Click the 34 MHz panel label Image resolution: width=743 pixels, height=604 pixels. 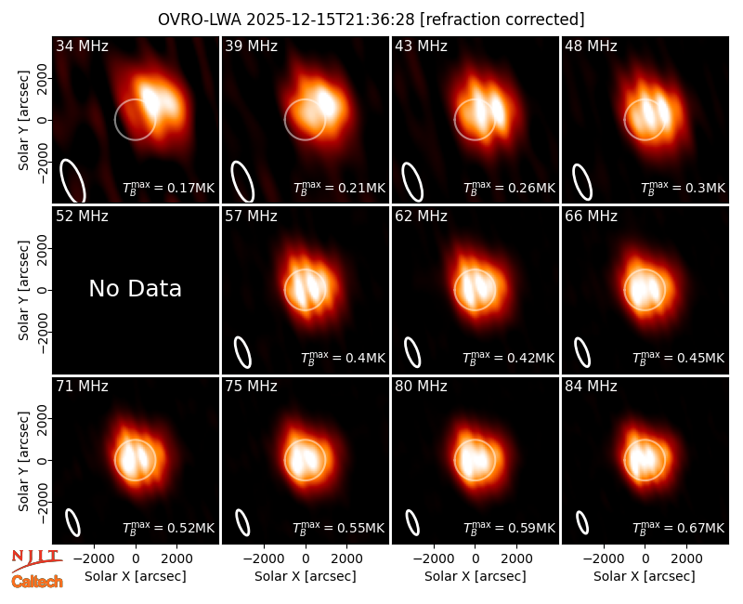pos(82,46)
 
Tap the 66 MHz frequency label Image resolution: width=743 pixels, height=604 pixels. pos(591,217)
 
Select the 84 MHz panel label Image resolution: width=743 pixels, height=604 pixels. pos(591,387)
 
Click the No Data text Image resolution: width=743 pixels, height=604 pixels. pos(135,289)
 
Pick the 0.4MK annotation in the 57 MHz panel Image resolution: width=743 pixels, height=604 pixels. pos(365,358)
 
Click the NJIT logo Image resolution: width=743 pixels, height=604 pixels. pos(36,559)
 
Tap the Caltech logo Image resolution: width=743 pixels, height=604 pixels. pos(37,582)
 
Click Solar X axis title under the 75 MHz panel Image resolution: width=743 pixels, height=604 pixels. pos(306,576)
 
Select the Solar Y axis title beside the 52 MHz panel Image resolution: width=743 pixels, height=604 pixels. pos(23,290)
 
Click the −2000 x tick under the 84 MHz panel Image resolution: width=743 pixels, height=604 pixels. pos(603,559)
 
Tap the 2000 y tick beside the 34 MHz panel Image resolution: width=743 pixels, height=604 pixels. pos(42,79)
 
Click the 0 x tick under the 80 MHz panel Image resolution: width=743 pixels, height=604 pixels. pos(476,559)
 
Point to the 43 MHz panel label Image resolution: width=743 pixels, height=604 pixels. pos(422,46)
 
